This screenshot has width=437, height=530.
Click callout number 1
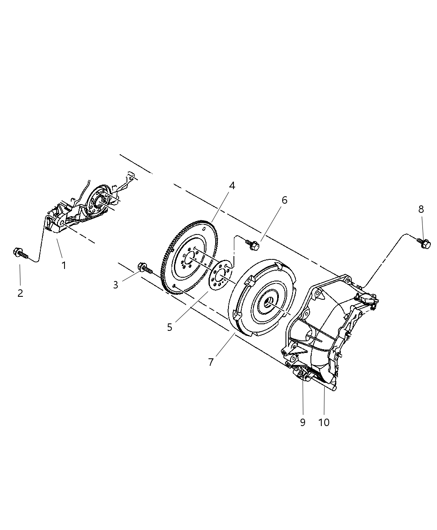pos(64,265)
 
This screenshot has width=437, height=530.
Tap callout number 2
pos(20,293)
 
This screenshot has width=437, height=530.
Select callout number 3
pos(116,285)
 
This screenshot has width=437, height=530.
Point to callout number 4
pos(231,186)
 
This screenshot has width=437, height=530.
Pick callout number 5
pos(169,327)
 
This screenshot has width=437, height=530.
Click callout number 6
pos(284,200)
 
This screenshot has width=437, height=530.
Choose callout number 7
pos(211,362)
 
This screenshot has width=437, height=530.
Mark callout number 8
pos(421,209)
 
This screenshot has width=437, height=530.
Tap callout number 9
pos(303,422)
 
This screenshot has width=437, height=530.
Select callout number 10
pos(324,422)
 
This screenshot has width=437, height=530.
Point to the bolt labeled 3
pos(144,268)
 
